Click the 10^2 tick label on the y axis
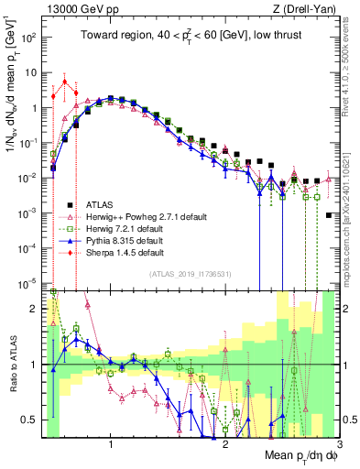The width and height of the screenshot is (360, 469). pyautogui.click(x=30, y=38)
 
